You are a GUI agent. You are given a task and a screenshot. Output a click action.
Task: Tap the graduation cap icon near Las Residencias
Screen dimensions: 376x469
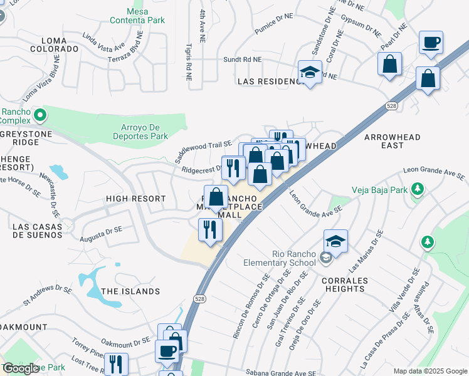pyautogui.click(x=310, y=73)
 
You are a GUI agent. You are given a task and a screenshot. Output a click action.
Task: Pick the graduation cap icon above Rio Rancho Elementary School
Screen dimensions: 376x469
pyautogui.click(x=336, y=241)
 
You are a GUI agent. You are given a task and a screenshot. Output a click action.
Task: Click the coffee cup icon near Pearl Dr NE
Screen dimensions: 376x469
pyautogui.click(x=431, y=43)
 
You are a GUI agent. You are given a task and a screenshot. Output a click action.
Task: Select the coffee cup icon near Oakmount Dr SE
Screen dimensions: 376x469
pyautogui.click(x=167, y=351)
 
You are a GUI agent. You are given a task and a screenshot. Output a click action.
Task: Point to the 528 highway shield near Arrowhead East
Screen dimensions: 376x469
pyautogui.click(x=391, y=107)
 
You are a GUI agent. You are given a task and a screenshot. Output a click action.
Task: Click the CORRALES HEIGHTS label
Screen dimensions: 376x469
pyautogui.click(x=345, y=284)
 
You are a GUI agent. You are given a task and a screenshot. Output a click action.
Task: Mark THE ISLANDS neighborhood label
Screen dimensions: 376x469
pyautogui.click(x=130, y=291)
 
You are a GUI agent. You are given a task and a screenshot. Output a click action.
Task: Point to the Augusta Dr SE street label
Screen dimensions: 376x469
pyautogui.click(x=101, y=234)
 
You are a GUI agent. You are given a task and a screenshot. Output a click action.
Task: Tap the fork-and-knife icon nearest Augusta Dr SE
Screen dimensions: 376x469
pyautogui.click(x=209, y=229)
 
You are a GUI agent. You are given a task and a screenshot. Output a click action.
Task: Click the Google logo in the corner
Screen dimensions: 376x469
pyautogui.click(x=21, y=368)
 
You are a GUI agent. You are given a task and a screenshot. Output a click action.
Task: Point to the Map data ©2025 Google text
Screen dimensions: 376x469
pyautogui.click(x=429, y=371)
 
